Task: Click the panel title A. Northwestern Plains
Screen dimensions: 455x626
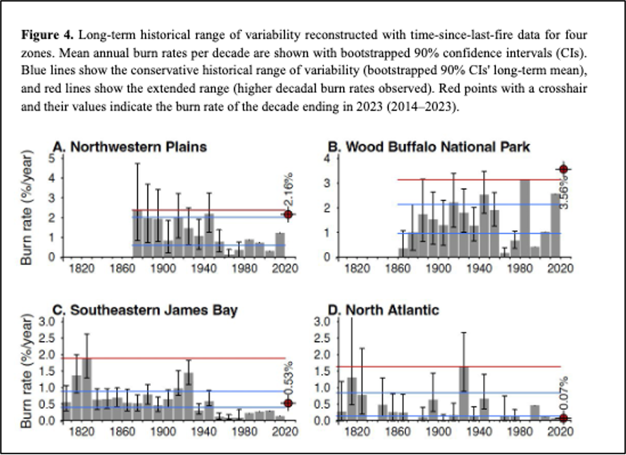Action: [130, 146]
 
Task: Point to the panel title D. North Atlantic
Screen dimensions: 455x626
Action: [383, 310]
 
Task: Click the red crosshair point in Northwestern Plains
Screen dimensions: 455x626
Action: [289, 215]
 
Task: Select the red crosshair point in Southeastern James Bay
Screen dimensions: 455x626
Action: [288, 402]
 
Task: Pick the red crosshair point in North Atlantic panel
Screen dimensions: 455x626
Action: [563, 418]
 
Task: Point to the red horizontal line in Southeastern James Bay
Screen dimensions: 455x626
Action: [171, 358]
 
